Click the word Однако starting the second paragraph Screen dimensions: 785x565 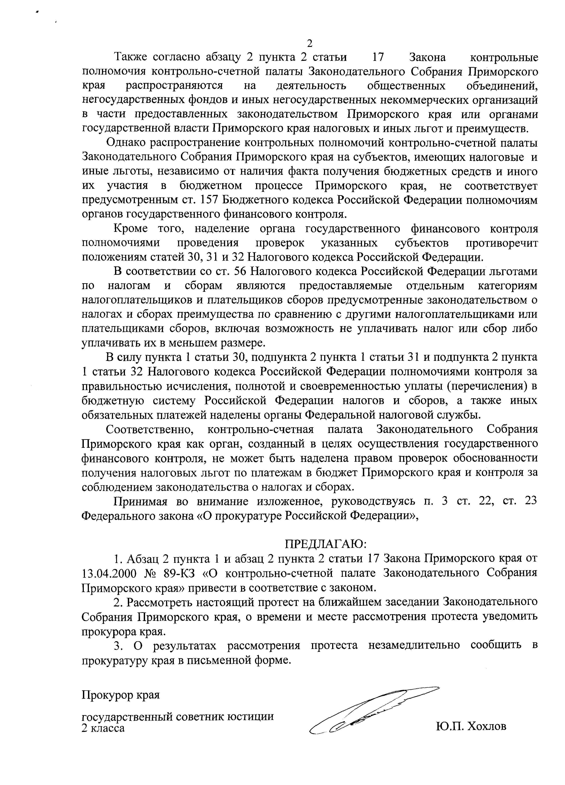[x=127, y=143]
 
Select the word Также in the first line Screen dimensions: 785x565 [x=131, y=57]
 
